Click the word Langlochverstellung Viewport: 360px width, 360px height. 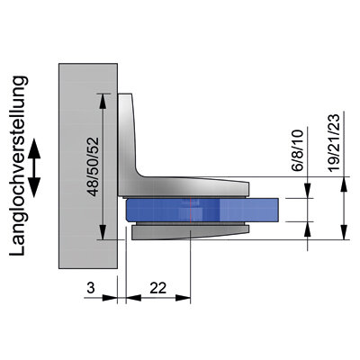[19, 166]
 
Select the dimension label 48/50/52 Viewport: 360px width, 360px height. [94, 166]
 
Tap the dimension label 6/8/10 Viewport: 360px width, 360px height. [297, 150]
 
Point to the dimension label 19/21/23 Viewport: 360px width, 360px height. [334, 143]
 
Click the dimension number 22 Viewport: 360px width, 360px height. [158, 288]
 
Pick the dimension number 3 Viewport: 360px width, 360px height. [91, 288]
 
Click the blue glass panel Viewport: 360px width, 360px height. [202, 210]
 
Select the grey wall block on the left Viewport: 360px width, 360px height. [88, 166]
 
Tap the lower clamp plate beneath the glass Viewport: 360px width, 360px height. [190, 232]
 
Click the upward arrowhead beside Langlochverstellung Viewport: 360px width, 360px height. [34, 148]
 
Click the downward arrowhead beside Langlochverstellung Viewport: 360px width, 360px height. [34, 187]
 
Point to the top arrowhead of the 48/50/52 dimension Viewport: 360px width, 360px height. [103, 101]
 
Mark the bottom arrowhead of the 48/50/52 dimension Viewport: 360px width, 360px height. [103, 232]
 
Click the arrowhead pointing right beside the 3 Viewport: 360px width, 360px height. [110, 298]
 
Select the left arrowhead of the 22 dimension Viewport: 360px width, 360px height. [133, 298]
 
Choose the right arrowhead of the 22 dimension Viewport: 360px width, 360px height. [183, 298]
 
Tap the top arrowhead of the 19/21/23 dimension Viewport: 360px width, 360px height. [345, 184]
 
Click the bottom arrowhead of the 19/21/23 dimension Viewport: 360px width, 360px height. [345, 232]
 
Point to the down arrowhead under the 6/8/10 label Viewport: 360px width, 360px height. [308, 191]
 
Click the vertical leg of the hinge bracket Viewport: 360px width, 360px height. [126, 141]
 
